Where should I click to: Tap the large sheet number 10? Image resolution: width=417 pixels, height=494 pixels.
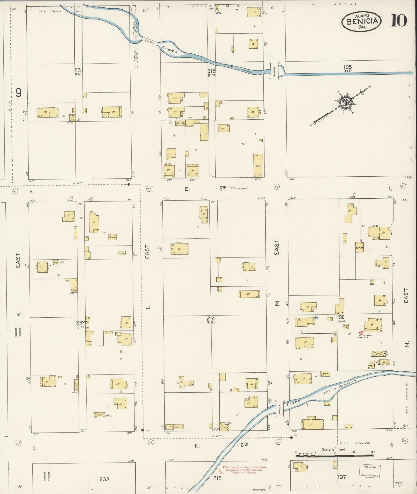[399, 21]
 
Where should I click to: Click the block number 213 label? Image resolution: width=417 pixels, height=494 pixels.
[211, 71]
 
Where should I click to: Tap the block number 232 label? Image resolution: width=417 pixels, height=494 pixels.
[80, 323]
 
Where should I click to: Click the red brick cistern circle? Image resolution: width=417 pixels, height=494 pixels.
[361, 333]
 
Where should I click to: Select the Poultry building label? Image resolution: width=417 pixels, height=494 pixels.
[113, 237]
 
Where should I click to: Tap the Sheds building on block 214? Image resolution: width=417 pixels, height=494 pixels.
[175, 427]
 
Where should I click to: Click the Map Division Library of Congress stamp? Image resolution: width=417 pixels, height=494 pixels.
[369, 471]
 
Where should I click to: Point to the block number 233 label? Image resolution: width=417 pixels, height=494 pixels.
[104, 479]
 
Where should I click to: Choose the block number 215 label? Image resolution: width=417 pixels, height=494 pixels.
[217, 478]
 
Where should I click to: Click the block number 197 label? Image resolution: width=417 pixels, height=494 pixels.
[342, 477]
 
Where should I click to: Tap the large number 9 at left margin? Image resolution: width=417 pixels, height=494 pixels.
[18, 93]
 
